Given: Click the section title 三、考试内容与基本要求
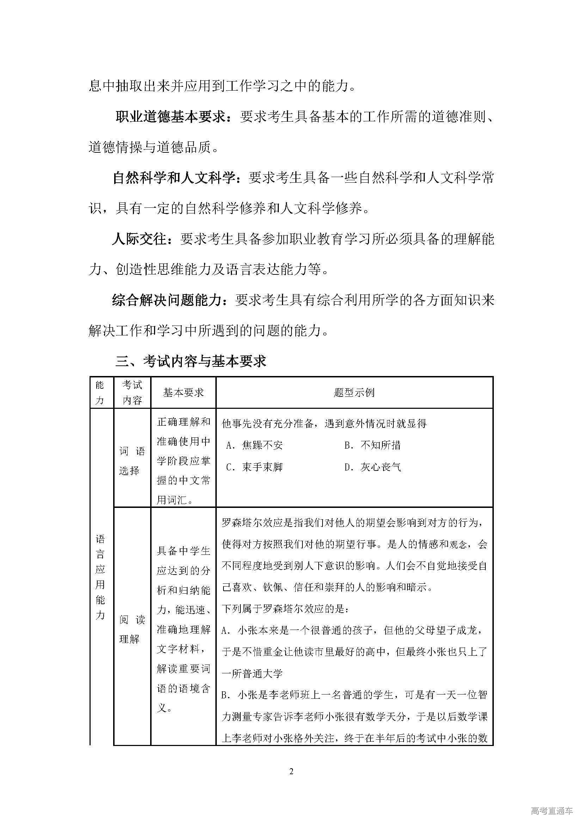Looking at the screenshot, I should pos(191,361).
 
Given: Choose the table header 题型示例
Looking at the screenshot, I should pos(354,392).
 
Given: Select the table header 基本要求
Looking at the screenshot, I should pos(183,392).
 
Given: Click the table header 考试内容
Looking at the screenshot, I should pos(132,392).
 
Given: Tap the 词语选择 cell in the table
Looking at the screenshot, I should pos(132,461).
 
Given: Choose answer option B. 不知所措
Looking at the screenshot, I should pos(372,445).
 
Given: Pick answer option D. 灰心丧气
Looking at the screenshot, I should pos(372,467).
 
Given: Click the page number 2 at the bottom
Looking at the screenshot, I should pos(291,771).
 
